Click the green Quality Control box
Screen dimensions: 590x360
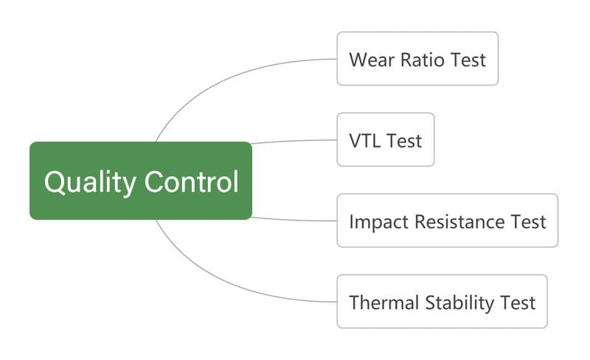coord(141,181)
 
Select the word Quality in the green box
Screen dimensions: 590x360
coord(90,183)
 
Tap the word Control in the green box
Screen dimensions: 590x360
coord(192,181)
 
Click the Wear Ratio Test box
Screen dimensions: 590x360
coord(417,59)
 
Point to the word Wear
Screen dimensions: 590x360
coord(372,60)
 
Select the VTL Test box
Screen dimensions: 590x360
coord(386,139)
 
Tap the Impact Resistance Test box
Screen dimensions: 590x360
coord(448,221)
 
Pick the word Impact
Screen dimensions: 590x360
coord(378,222)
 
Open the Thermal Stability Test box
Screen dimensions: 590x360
coord(442,302)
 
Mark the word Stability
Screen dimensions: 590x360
coord(459,303)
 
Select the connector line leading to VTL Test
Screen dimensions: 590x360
coord(294,141)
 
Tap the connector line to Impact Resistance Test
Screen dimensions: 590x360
coord(294,220)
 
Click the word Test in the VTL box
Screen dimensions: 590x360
coord(404,141)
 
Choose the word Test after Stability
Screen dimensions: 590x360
coord(518,302)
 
